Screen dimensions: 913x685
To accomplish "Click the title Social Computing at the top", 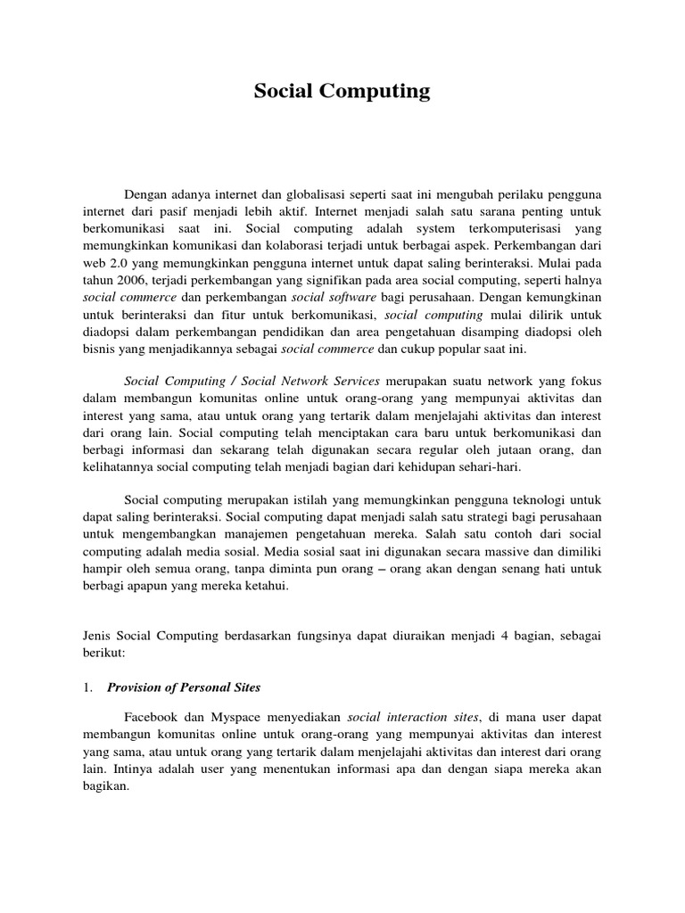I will point(342,91).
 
